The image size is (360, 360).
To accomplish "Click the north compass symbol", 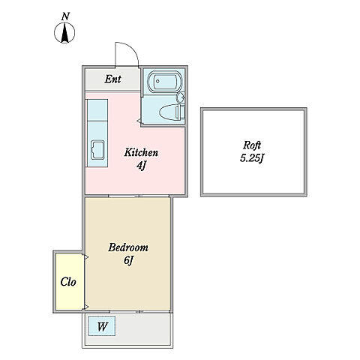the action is tap(64, 33).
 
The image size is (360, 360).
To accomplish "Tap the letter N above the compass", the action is tap(65, 16).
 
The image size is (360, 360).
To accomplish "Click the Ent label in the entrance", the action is tap(113, 79).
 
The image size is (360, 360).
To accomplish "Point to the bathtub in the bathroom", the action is tap(164, 82).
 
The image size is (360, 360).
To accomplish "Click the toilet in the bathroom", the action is tap(172, 112).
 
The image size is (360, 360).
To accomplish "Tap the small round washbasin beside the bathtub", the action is tap(181, 97).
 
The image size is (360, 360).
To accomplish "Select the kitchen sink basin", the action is tap(97, 150).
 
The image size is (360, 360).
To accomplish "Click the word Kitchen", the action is tap(141, 152).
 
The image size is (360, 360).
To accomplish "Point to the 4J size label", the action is tap(141, 166).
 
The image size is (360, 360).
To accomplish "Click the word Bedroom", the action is tap(128, 247).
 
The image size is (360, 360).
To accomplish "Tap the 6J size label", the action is tap(128, 260).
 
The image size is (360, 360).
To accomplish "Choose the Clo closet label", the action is tap(68, 282).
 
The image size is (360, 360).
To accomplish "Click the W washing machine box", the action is tap(101, 326).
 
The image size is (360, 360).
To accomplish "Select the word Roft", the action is tap(252, 145).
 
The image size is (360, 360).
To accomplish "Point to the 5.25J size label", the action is tap(252, 158).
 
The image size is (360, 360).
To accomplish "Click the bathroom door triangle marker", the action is tap(138, 121).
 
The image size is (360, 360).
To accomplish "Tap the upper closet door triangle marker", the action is tap(86, 256).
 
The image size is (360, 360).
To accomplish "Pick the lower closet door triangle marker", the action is tap(86, 307).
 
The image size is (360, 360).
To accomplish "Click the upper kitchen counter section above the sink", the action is tap(97, 110).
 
